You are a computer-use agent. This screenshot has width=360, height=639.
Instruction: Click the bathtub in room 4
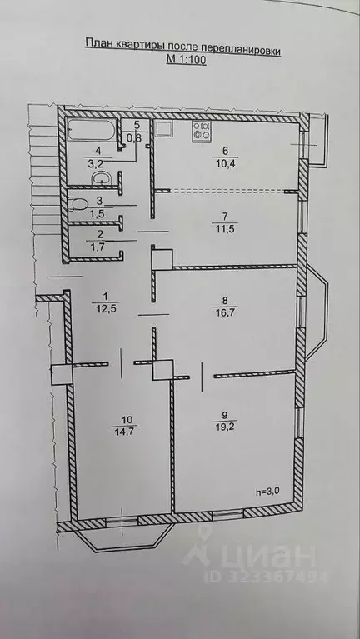pos(92,130)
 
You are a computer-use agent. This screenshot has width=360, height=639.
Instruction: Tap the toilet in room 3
pos(79,202)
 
